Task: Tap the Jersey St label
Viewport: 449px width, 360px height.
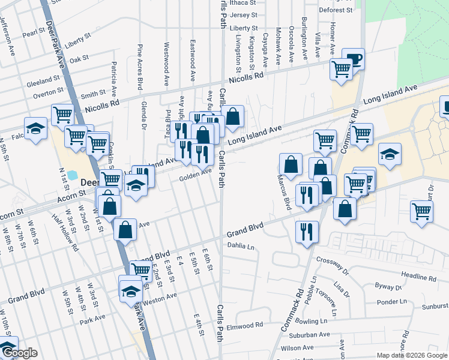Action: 243,15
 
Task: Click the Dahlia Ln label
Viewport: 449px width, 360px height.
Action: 241,245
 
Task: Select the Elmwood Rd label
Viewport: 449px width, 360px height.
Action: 250,325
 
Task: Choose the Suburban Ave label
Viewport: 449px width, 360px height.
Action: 313,335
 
